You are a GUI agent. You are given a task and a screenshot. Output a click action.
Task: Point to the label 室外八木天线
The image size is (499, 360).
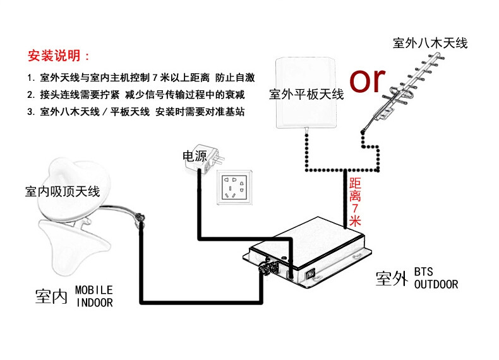coord(430,43)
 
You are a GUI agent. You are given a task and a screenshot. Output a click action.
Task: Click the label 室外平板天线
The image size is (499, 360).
coord(306,94)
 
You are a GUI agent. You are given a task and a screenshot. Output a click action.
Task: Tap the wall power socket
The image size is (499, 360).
coord(234,188)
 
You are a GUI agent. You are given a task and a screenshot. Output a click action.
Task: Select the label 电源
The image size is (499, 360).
coord(195,156)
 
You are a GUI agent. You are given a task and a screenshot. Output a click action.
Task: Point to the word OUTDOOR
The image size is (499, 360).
coord(436,284)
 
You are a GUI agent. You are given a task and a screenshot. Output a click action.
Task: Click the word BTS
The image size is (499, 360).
coord(424,272)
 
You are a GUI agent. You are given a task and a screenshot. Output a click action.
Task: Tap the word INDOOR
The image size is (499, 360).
coord(95,303)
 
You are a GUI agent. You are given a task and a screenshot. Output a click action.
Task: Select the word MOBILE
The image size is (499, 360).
coord(94,290)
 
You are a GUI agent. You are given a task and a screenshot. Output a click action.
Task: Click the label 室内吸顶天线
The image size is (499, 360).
coord(63,191)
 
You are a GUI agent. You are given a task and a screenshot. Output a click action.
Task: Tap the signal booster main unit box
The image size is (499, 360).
coord(308,251)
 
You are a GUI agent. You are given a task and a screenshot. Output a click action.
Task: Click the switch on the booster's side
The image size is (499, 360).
coord(310,273)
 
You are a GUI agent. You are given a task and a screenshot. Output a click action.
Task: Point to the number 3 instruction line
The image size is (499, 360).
coord(136,112)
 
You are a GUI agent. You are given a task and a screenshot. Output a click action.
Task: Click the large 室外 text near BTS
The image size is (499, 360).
coord(392,278)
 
